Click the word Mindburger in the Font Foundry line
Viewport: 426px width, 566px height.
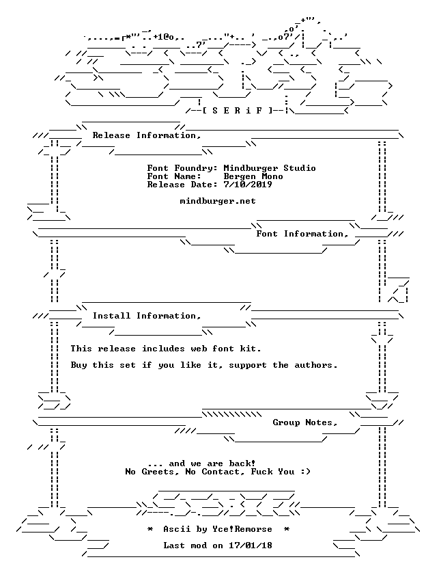[x=251, y=168]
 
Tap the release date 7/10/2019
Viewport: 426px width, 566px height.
[x=248, y=185]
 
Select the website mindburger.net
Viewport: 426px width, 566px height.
[x=218, y=201]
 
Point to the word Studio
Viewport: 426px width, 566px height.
[x=300, y=168]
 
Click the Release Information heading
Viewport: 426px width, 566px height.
[x=147, y=135]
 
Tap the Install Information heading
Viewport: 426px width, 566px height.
[x=147, y=316]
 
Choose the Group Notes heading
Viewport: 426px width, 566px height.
[x=305, y=422]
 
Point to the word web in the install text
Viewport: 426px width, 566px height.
[x=199, y=349]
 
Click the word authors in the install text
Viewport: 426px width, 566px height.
[x=316, y=365]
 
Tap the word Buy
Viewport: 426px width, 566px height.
[x=79, y=365]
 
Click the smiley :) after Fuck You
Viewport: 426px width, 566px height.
[x=305, y=472]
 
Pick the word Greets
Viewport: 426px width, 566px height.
[x=158, y=472]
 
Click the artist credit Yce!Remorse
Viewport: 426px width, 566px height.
[x=242, y=529]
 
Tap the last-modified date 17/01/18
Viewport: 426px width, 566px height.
[x=251, y=545]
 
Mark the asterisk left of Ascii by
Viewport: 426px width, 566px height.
[x=150, y=529]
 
